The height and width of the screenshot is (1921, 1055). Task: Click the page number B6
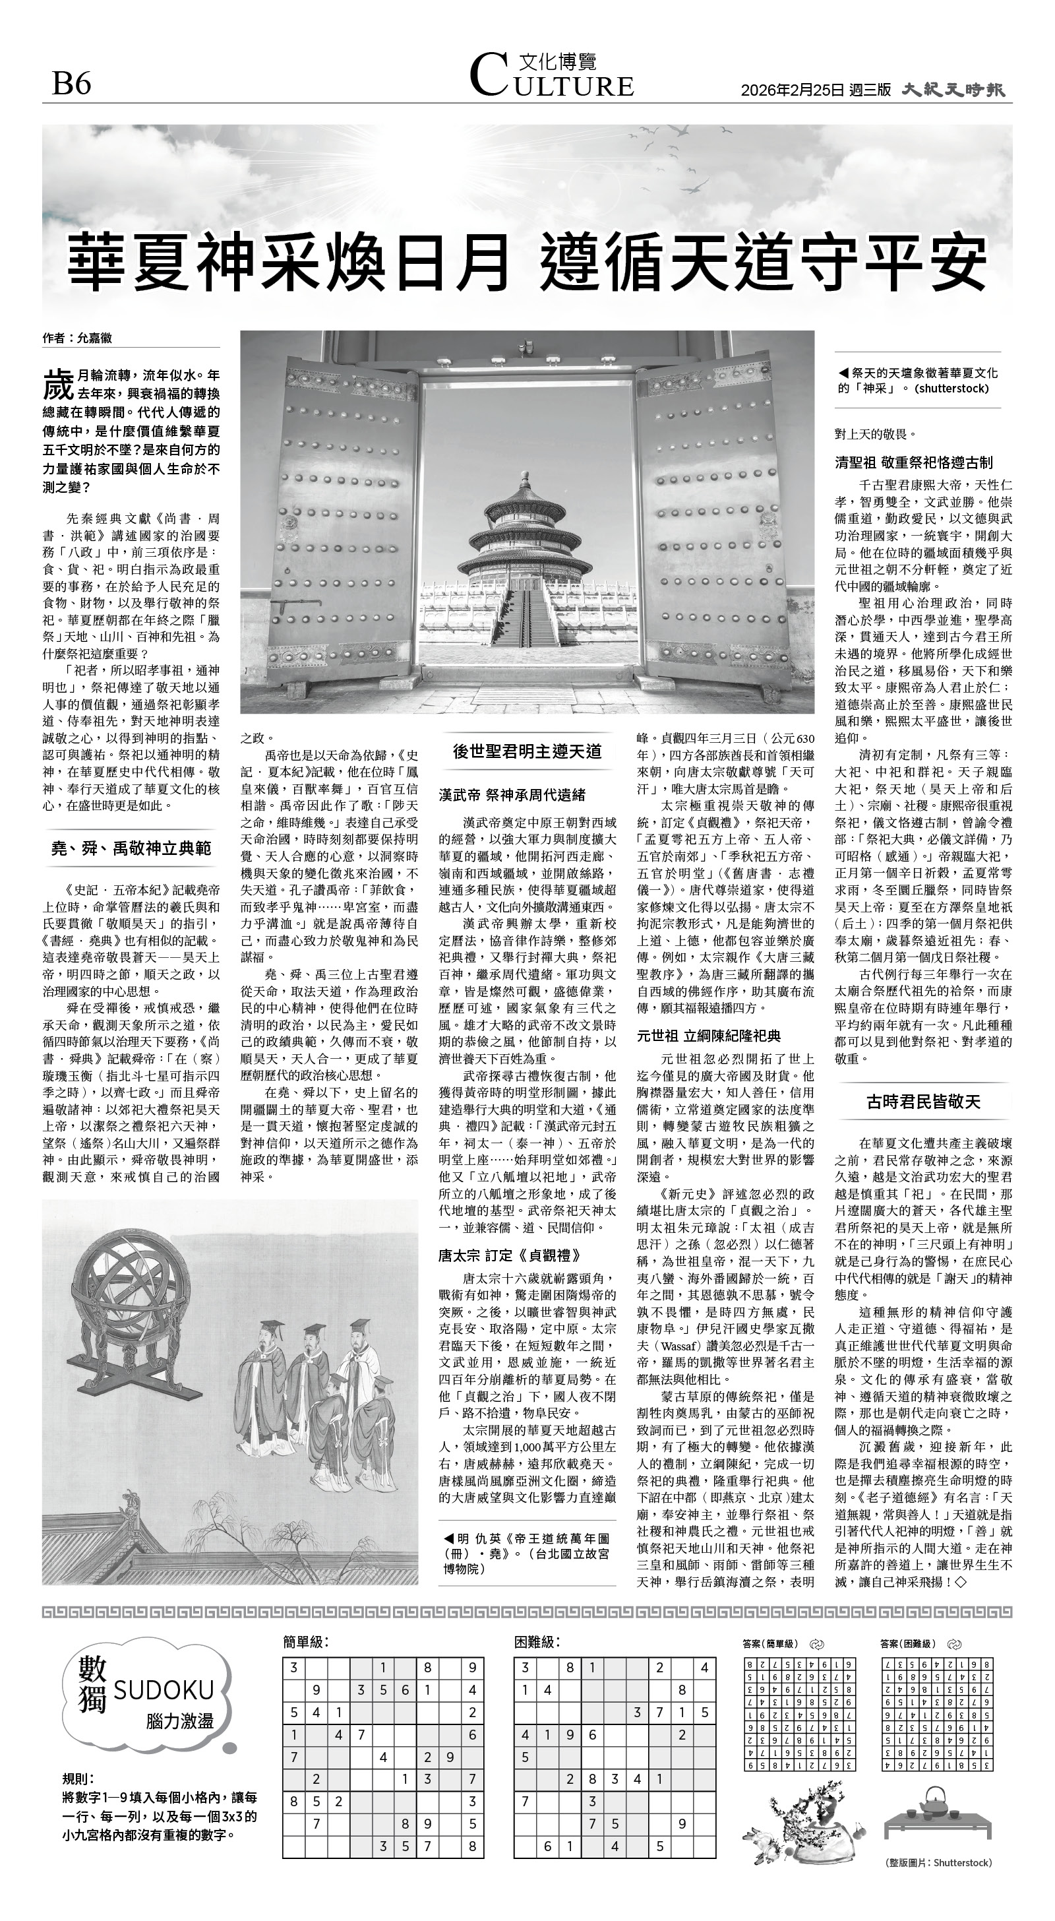[72, 84]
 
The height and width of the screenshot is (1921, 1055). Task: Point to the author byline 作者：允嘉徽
[78, 338]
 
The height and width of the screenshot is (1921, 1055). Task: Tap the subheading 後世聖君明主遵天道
[527, 751]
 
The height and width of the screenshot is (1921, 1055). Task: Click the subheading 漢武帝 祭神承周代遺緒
[512, 795]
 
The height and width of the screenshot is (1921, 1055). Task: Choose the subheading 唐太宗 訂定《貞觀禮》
[508, 1256]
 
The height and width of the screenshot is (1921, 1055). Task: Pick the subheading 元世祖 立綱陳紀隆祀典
[708, 1036]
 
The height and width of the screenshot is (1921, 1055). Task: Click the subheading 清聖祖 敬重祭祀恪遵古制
[913, 462]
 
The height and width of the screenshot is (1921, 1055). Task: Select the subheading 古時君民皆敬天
[923, 1102]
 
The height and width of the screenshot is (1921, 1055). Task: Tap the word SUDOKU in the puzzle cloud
[164, 1690]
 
